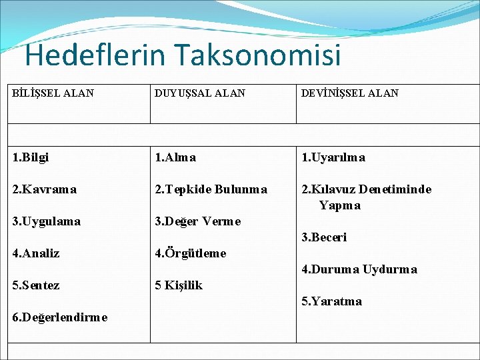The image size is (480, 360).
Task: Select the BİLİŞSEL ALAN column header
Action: click(53, 93)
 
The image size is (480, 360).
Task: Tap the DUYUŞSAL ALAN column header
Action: click(200, 93)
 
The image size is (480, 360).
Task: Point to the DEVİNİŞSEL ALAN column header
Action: click(350, 93)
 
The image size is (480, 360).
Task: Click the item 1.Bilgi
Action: click(31, 158)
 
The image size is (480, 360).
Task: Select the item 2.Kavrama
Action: click(44, 189)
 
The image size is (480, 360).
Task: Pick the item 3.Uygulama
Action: click(46, 221)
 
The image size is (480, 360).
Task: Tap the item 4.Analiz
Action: click(36, 253)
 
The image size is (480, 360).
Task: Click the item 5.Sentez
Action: click(36, 285)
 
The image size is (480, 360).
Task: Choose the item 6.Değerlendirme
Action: click(60, 317)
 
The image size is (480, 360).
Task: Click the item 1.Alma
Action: click(175, 158)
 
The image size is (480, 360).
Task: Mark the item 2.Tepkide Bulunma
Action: click(211, 189)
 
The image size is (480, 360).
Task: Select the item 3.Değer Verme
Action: click(197, 221)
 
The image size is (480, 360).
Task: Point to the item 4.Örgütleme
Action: click(190, 253)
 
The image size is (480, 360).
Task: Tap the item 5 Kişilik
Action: click(179, 285)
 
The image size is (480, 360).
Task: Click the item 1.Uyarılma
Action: click(333, 158)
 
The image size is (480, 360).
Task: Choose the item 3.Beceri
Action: click(324, 237)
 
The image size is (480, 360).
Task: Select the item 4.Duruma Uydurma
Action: click(359, 269)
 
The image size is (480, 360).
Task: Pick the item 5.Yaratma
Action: click(332, 301)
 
